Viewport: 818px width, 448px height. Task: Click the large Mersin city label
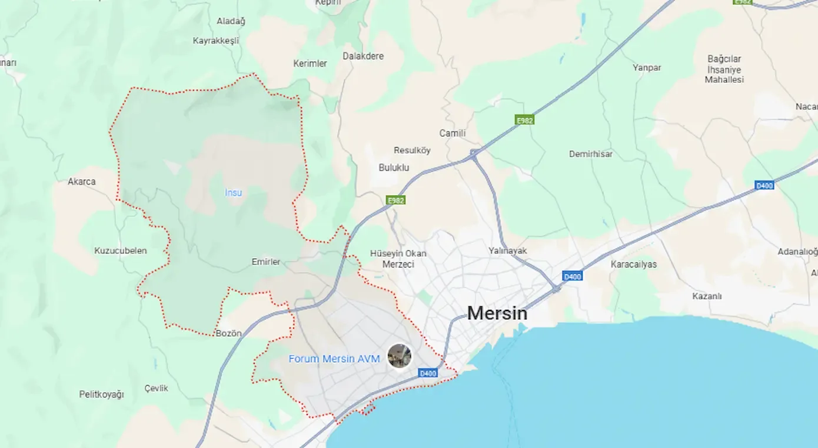tap(497, 313)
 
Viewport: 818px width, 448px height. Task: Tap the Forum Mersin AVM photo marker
tap(400, 356)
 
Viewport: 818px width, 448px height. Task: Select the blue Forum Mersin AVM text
tap(334, 359)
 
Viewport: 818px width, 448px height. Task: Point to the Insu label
tap(233, 192)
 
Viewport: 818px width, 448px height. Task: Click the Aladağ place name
tap(231, 21)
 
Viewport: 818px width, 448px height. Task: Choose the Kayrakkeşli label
tap(216, 41)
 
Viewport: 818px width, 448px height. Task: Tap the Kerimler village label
tap(310, 63)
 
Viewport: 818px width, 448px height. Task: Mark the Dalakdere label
tap(363, 56)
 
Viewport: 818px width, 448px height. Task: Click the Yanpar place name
tap(647, 68)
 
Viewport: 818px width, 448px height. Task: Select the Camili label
tap(452, 133)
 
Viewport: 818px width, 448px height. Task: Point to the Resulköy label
tap(412, 151)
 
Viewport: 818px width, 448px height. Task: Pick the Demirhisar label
tap(590, 154)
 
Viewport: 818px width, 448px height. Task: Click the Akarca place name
tap(81, 182)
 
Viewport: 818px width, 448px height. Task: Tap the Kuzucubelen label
tap(120, 250)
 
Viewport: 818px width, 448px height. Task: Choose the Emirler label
tap(266, 262)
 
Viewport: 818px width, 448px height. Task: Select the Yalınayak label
tap(507, 250)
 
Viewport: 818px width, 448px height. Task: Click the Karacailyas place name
tap(633, 264)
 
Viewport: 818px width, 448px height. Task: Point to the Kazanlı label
tap(707, 296)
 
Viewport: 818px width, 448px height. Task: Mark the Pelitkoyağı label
tap(101, 394)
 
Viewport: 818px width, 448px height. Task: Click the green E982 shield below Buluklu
tap(395, 200)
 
